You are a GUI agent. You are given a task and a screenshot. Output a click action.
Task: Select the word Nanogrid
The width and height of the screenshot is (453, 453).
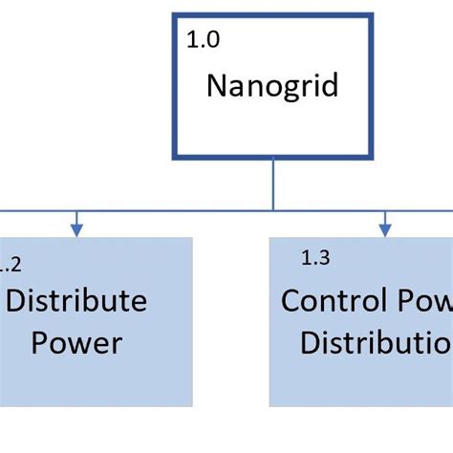click(272, 86)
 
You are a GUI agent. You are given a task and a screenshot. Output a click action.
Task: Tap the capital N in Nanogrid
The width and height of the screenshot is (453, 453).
click(216, 86)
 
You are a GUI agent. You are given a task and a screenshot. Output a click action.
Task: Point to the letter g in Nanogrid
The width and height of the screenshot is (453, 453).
click(287, 89)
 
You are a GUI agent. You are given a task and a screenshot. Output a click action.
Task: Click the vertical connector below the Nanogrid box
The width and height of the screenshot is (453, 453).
click(273, 183)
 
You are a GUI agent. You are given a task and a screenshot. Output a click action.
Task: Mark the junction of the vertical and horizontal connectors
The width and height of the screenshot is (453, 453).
click(273, 209)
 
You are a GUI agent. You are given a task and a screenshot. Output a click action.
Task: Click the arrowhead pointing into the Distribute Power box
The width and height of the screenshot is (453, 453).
click(76, 229)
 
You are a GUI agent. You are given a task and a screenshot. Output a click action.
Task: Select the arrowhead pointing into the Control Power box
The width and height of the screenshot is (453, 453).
click(385, 229)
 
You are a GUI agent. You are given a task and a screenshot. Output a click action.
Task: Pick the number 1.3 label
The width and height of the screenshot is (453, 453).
click(315, 257)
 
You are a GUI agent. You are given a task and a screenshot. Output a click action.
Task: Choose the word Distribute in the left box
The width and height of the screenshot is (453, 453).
click(77, 301)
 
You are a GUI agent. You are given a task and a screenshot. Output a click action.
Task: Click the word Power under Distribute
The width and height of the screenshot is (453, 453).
click(77, 342)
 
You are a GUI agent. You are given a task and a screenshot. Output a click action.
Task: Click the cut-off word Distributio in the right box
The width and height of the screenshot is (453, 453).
click(376, 342)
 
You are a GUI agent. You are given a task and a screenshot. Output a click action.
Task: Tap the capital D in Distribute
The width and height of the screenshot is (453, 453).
click(17, 301)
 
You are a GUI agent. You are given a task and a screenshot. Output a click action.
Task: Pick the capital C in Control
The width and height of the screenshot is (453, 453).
click(291, 301)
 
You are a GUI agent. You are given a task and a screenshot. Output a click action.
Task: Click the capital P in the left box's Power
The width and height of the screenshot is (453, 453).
click(41, 342)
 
